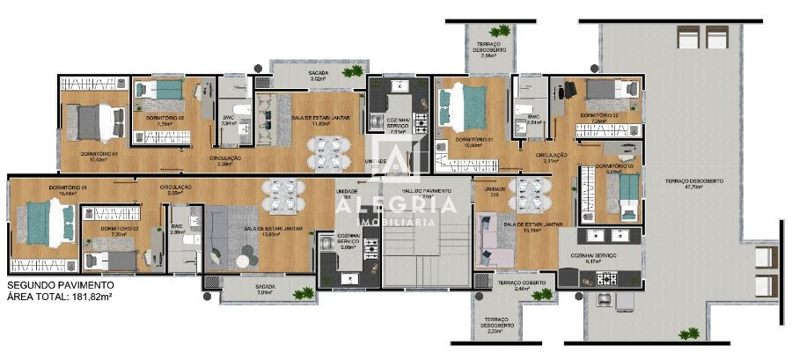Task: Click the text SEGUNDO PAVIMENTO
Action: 60,286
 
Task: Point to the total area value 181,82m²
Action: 91,298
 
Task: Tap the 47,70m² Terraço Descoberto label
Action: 693,183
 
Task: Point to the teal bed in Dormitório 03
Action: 627,195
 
